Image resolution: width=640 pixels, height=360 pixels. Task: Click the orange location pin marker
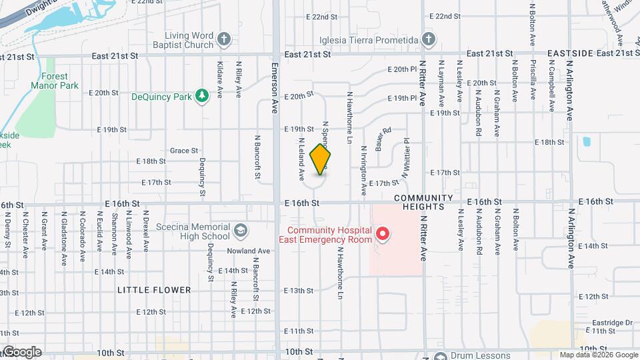321,159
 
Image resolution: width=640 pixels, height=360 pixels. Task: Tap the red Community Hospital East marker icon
383,234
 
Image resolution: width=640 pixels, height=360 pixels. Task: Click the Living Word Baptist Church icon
225,39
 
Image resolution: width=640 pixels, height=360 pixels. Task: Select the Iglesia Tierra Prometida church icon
428,39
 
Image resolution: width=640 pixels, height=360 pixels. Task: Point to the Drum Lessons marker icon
439,355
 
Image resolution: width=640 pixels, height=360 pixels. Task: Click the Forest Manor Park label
55,81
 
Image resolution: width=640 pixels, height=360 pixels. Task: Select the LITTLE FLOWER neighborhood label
154,290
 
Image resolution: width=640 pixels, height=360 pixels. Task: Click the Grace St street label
184,151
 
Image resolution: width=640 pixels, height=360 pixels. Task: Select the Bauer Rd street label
381,139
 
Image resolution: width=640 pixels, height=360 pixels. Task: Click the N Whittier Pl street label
406,157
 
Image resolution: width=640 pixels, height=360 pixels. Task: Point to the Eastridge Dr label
611,321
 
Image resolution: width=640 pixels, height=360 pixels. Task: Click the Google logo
22,351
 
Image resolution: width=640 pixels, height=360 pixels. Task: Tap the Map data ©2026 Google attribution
597,355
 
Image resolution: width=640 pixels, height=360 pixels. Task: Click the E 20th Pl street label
403,69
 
